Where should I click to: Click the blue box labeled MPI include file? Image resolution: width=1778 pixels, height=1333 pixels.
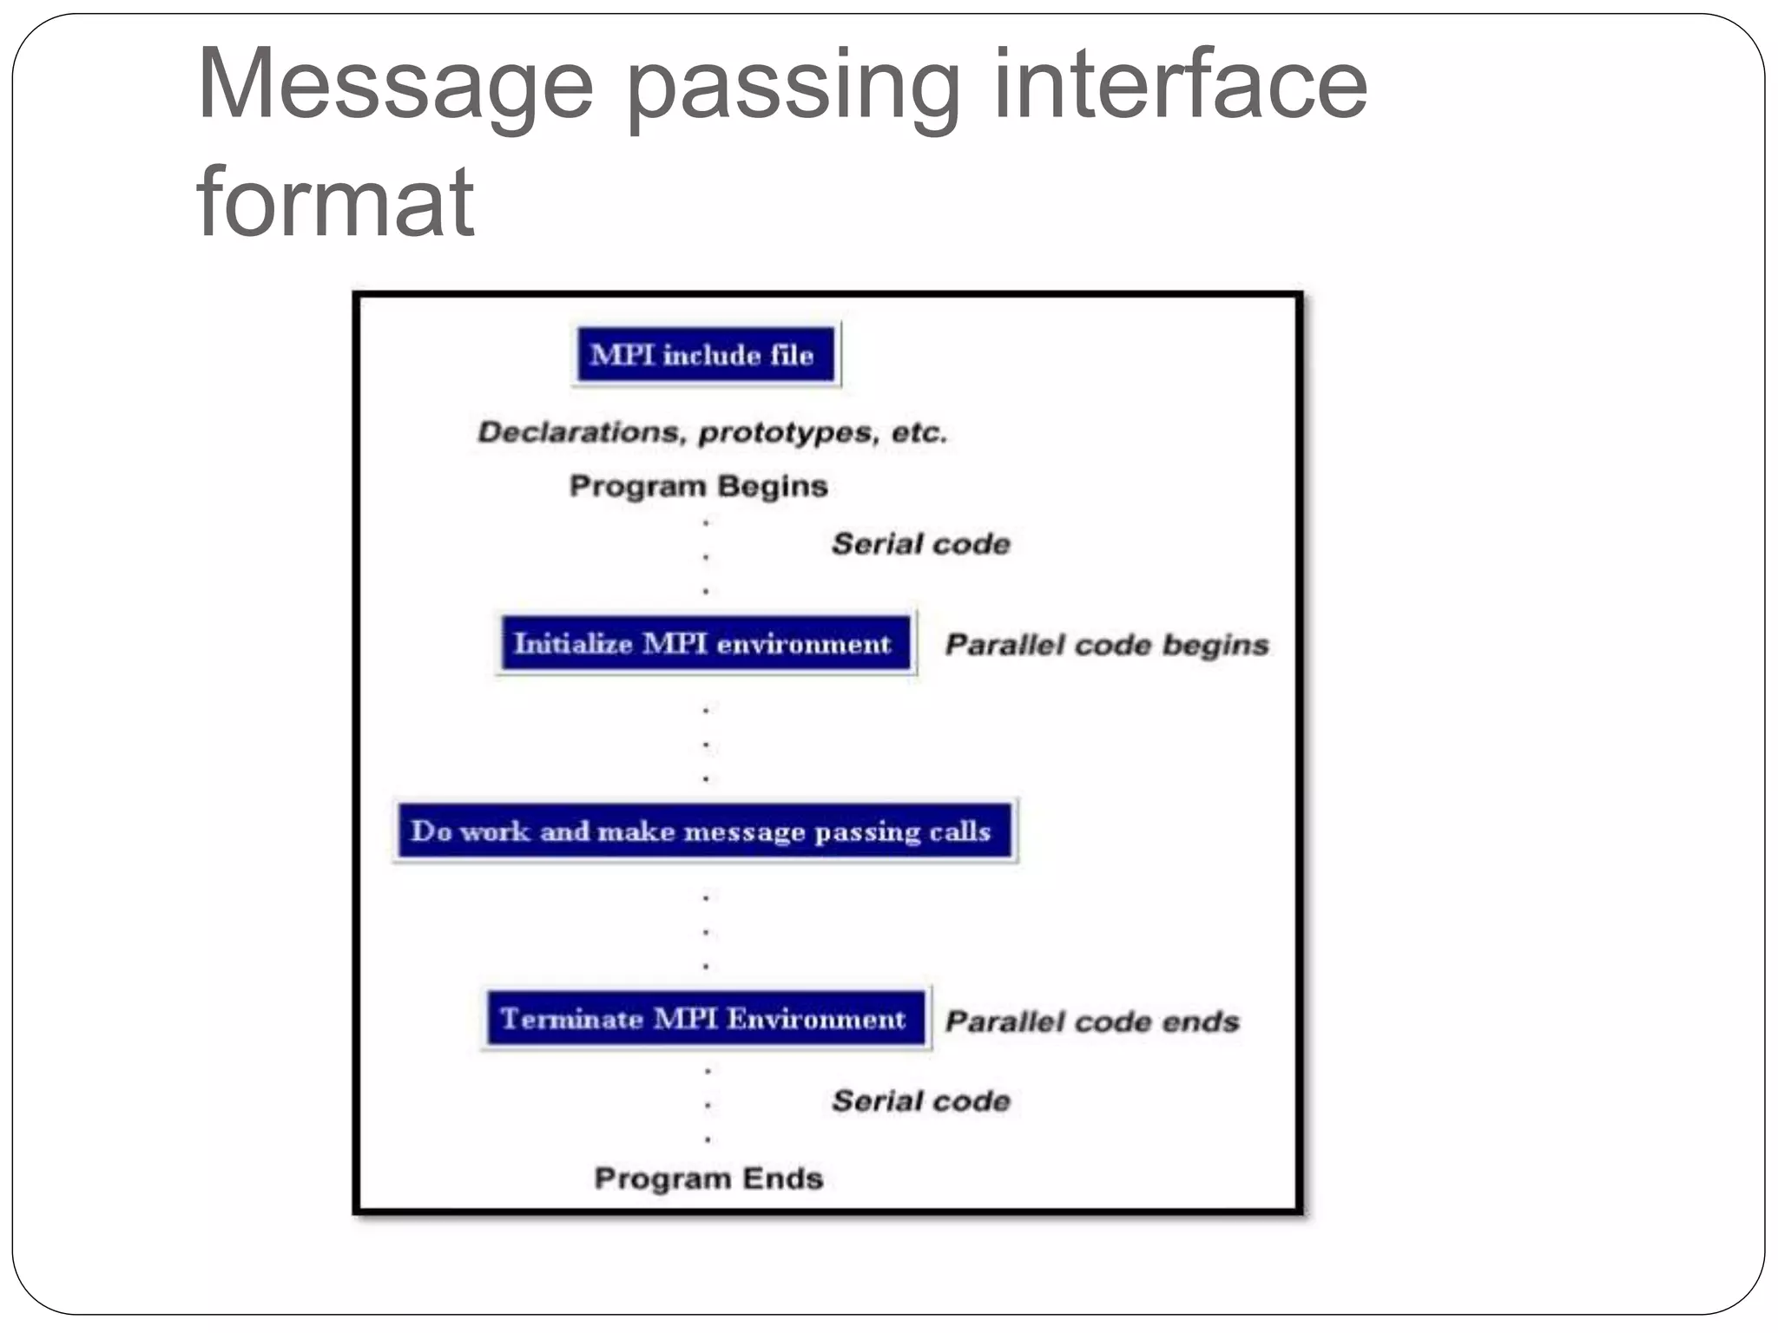[704, 355]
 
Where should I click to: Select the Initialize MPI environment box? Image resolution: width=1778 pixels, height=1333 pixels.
[704, 644]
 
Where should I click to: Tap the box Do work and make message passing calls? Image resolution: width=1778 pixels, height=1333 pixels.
[704, 831]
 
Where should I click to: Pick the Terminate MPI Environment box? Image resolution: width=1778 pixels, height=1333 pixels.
[704, 1019]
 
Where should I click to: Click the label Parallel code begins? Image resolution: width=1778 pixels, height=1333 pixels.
[1107, 645]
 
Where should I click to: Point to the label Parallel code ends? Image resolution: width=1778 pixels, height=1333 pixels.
[1092, 1021]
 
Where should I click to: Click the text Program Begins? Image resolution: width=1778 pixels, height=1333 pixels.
[699, 486]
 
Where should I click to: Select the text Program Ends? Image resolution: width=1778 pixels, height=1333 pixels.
[708, 1179]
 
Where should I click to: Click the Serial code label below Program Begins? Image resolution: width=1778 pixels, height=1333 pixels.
[921, 544]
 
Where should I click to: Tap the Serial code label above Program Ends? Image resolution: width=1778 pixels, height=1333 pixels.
[921, 1101]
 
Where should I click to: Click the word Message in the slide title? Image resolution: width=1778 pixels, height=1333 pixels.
[395, 85]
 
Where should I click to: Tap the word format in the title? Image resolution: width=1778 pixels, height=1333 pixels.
[335, 202]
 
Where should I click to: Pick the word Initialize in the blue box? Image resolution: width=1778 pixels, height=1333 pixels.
[573, 644]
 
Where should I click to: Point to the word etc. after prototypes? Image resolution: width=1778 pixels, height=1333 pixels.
[919, 432]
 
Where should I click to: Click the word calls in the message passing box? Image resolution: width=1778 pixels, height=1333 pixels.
[960, 831]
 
